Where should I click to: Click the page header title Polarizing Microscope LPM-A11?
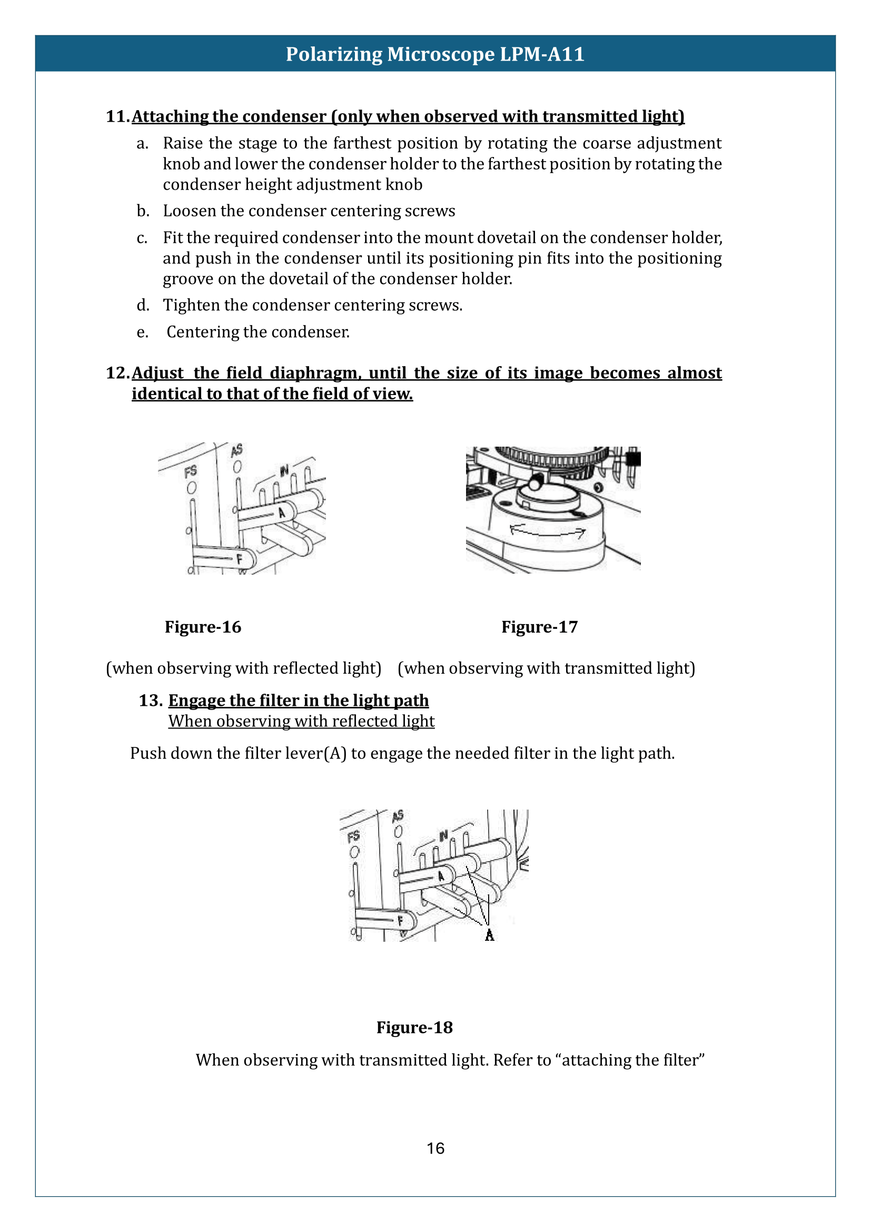click(435, 54)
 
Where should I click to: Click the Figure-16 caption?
click(203, 627)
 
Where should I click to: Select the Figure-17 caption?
click(539, 627)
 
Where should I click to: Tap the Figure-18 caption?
click(414, 1027)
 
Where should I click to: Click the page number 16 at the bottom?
click(435, 1148)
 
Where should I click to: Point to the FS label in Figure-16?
click(191, 471)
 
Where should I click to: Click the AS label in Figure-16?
click(236, 450)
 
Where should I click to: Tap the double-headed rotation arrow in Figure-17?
click(547, 532)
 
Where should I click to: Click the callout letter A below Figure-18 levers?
click(489, 935)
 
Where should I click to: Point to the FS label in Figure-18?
click(353, 836)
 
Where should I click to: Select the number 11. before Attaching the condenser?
click(117, 116)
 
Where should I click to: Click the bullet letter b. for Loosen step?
click(143, 211)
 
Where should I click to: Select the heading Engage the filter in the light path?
click(298, 700)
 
